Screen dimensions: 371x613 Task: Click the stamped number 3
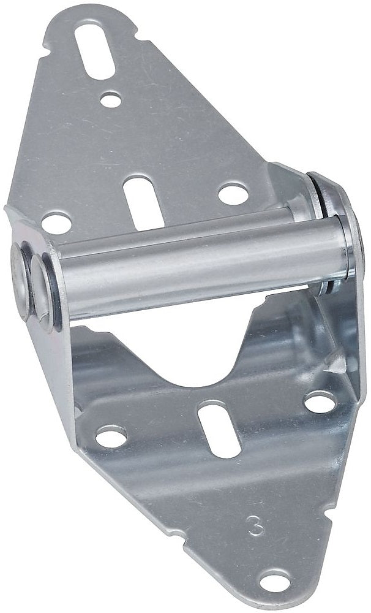(256, 525)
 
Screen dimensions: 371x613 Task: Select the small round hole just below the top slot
(111, 99)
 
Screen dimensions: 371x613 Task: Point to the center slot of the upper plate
(143, 202)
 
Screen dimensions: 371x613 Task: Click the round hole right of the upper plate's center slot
(233, 194)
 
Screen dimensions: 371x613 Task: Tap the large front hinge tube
(203, 266)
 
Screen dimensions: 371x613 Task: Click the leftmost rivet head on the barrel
(20, 280)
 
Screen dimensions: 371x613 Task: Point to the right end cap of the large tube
(350, 246)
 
